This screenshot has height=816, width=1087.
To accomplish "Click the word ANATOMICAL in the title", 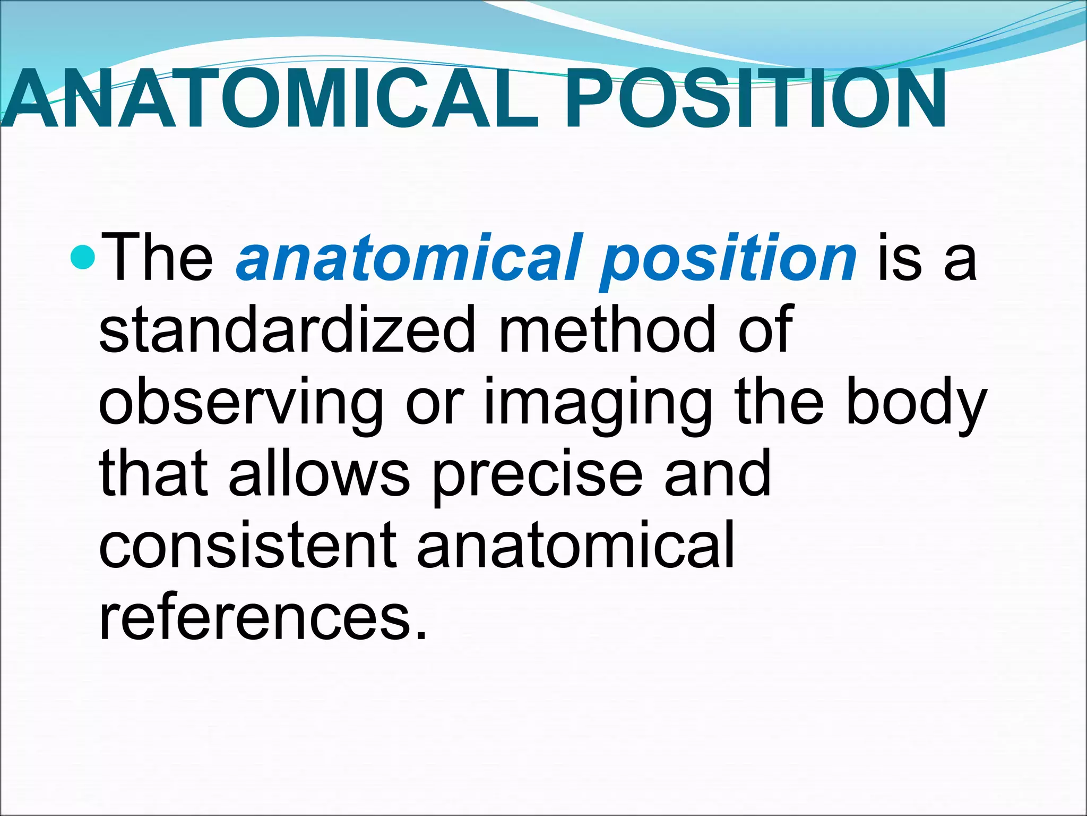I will (x=271, y=99).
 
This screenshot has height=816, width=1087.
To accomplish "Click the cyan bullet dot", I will (x=82, y=258).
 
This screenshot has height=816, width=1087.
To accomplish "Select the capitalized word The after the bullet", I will (x=157, y=259).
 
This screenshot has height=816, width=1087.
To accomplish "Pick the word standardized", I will (x=287, y=330).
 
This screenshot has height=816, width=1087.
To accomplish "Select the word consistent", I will (x=247, y=545).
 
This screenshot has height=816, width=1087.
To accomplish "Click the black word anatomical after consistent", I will (x=575, y=545).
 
